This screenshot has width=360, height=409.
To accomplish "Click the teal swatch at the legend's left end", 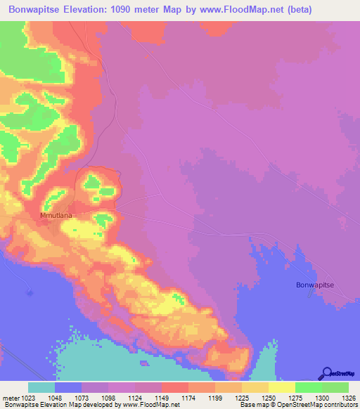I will (41, 387).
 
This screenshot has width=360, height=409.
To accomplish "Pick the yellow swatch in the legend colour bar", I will (282, 387).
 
